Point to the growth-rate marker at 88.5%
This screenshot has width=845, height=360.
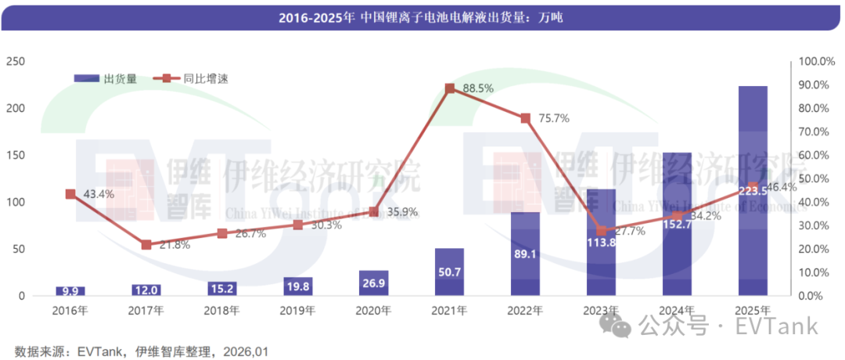click(x=449, y=88)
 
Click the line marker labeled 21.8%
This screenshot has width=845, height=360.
click(x=146, y=245)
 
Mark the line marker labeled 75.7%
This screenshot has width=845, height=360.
click(x=525, y=118)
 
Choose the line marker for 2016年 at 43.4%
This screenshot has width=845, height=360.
click(x=70, y=194)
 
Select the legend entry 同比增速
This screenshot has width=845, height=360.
click(x=188, y=78)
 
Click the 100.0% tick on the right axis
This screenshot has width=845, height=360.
click(x=818, y=62)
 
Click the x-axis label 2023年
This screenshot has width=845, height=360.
click(x=601, y=311)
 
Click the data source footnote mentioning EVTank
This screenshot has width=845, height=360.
click(x=141, y=351)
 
